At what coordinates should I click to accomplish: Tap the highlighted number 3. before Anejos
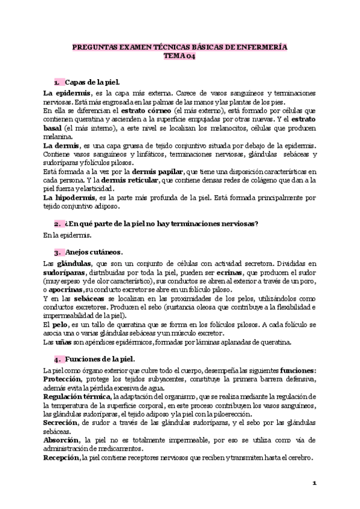58,251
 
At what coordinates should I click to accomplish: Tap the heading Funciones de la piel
100,360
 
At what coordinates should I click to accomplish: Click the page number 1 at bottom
314,483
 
